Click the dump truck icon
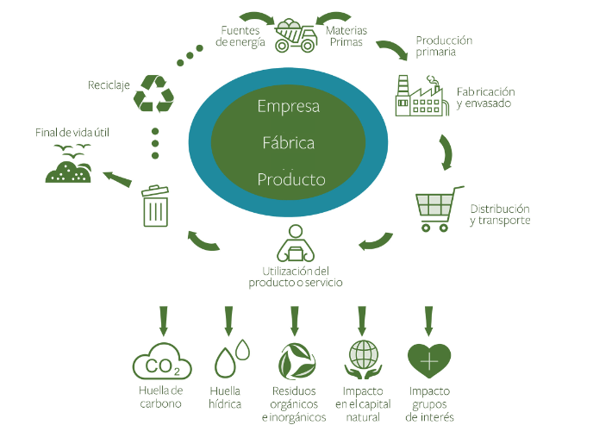pyautogui.click(x=296, y=35)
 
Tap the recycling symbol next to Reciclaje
pyautogui.click(x=153, y=94)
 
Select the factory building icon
pyautogui.click(x=422, y=96)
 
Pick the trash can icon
pyautogui.click(x=155, y=206)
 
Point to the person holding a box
pyautogui.click(x=296, y=243)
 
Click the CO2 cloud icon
pyautogui.click(x=162, y=361)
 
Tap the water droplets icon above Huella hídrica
pyautogui.click(x=232, y=358)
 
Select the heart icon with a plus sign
pyautogui.click(x=429, y=361)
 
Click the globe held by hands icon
pyautogui.click(x=363, y=359)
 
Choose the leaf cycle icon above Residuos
pyautogui.click(x=296, y=361)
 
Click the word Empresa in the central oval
pyautogui.click(x=289, y=107)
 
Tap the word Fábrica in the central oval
pyautogui.click(x=289, y=143)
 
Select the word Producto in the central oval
pyautogui.click(x=291, y=179)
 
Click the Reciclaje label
pyautogui.click(x=109, y=85)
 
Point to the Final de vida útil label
pyautogui.click(x=72, y=133)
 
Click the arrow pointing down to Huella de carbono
pyautogui.click(x=164, y=321)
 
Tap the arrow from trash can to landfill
pyautogui.click(x=117, y=178)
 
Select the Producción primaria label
pyautogui.click(x=444, y=46)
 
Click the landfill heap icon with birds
pyautogui.click(x=69, y=164)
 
